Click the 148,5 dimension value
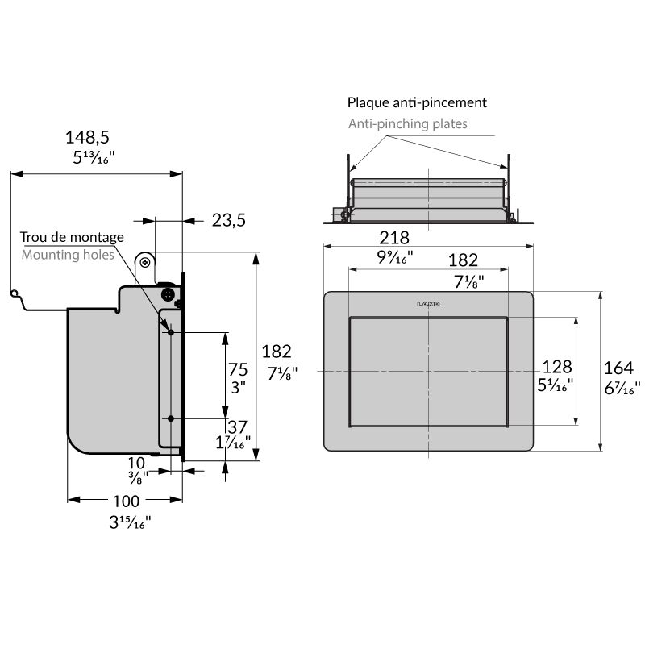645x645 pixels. [88, 138]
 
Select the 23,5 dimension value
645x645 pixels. [229, 220]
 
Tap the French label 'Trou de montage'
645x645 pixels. [73, 237]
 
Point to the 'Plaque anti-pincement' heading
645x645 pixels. [417, 102]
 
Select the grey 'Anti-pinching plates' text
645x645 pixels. [408, 124]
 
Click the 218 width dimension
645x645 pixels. [395, 238]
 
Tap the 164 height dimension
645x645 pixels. [618, 368]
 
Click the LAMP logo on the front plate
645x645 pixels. [429, 304]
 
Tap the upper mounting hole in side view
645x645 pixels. [171, 331]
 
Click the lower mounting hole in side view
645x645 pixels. [171, 418]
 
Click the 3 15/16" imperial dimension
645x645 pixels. [130, 521]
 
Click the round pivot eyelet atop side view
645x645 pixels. [145, 261]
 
